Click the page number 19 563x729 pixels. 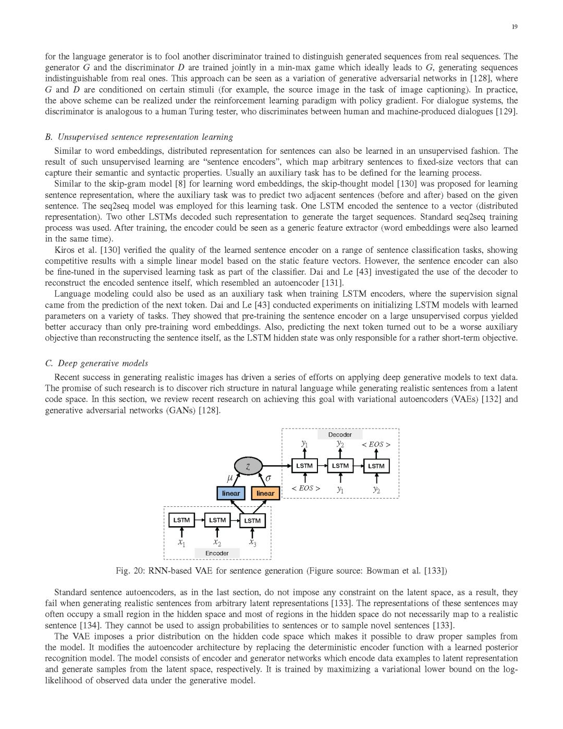(515, 27)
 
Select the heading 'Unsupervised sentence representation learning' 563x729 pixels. (145, 137)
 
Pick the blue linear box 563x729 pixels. (231, 493)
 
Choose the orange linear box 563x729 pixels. (265, 493)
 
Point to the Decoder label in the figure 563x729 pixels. (340, 434)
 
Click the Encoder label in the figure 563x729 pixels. (217, 553)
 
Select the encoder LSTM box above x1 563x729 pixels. (181, 520)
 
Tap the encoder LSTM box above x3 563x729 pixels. (252, 520)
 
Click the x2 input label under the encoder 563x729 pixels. (217, 542)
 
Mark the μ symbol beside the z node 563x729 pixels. (230, 478)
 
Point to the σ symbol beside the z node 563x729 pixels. (268, 478)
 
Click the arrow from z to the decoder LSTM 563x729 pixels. (276, 466)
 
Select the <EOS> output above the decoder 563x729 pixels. (376, 445)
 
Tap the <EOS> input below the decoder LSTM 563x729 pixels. (305, 489)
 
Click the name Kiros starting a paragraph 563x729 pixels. (65, 250)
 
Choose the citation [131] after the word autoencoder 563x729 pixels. (333, 283)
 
